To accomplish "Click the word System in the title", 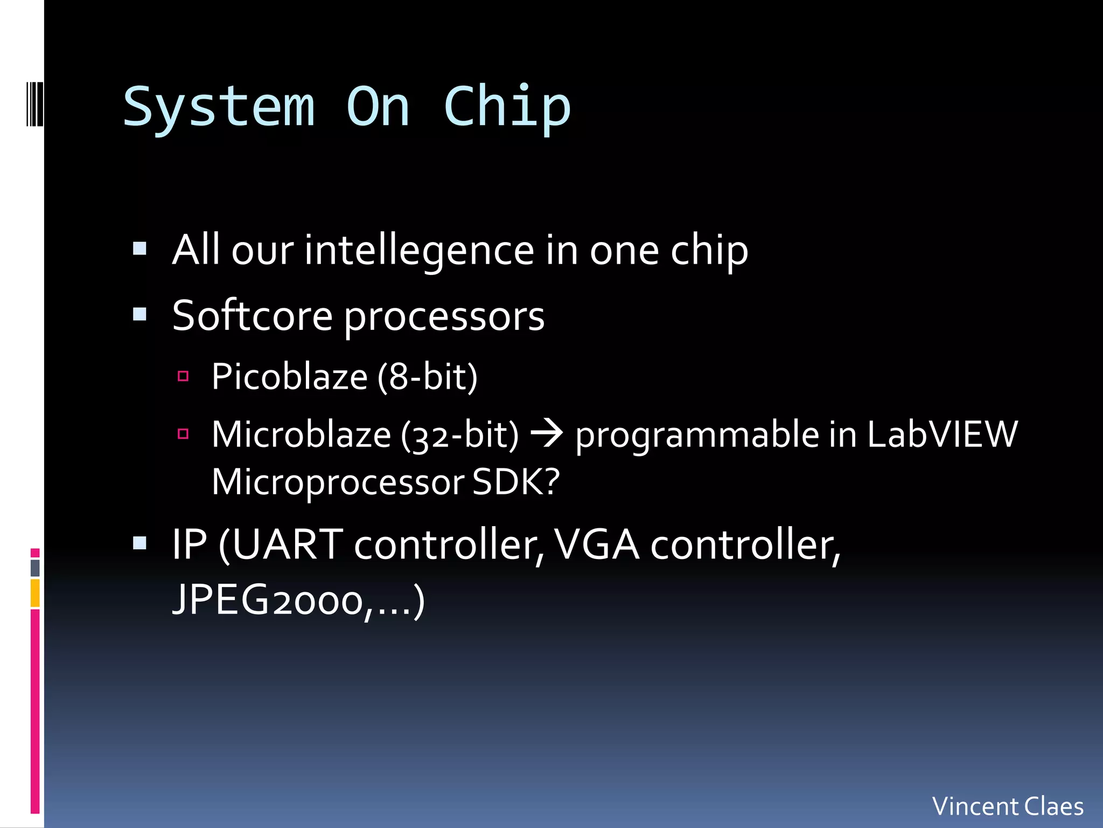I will [x=219, y=108].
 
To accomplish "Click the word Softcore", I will [x=252, y=316].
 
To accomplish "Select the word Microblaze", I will [x=301, y=434].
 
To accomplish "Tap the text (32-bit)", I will [x=460, y=434].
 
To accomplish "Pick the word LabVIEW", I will [x=943, y=434].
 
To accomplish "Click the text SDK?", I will [x=516, y=482].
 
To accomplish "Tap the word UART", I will [x=288, y=545].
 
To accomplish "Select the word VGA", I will [x=597, y=545].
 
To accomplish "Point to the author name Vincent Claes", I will [x=1008, y=806].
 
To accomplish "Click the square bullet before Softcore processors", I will [x=140, y=314].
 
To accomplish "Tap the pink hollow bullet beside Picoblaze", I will [x=183, y=376].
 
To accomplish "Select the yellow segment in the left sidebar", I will [x=35, y=593].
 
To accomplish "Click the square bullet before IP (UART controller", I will [x=140, y=543].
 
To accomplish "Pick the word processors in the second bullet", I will [x=444, y=317].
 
